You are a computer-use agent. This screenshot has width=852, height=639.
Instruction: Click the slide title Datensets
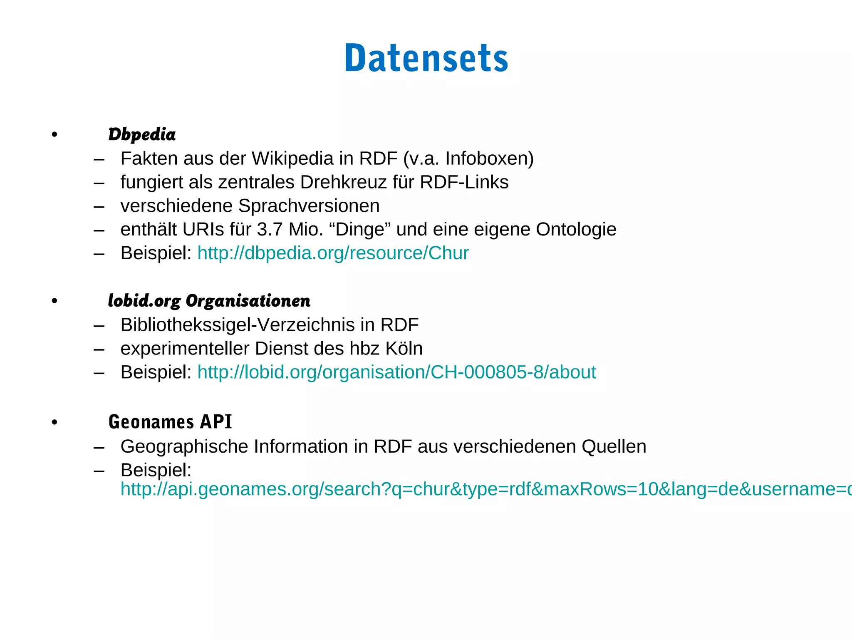(426, 58)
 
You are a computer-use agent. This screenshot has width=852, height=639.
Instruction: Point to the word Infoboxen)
(489, 159)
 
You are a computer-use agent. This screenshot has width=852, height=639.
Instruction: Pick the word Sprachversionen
(309, 206)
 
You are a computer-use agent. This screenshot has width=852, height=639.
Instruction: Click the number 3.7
(270, 230)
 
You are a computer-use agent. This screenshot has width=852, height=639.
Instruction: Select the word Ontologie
(576, 230)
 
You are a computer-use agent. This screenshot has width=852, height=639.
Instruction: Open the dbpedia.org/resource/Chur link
(333, 253)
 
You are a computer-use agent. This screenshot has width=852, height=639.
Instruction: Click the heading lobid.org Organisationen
(209, 301)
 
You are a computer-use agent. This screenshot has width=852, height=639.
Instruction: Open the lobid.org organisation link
(396, 372)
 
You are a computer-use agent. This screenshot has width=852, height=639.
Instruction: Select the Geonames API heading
(170, 422)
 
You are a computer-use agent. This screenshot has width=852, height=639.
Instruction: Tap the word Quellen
(614, 447)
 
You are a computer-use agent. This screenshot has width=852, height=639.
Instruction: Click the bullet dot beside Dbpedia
(54, 135)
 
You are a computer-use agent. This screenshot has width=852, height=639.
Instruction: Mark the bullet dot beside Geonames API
(54, 423)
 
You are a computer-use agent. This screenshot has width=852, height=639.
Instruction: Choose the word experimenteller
(185, 349)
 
